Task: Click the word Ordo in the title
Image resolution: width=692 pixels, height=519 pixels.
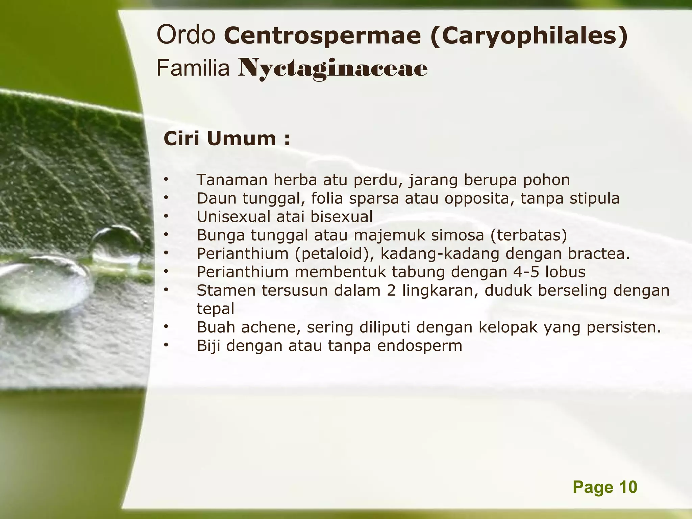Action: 186,35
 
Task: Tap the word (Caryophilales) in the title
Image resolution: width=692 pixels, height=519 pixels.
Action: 529,36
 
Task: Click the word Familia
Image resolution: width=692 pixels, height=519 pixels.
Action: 193,69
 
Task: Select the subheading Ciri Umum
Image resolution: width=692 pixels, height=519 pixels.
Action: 226,139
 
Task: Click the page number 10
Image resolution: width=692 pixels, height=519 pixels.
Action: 628,487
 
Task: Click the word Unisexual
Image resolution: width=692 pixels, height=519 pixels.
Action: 233,217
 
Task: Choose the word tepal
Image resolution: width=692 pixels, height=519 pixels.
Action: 215,309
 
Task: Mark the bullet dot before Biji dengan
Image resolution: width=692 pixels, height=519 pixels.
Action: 166,345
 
